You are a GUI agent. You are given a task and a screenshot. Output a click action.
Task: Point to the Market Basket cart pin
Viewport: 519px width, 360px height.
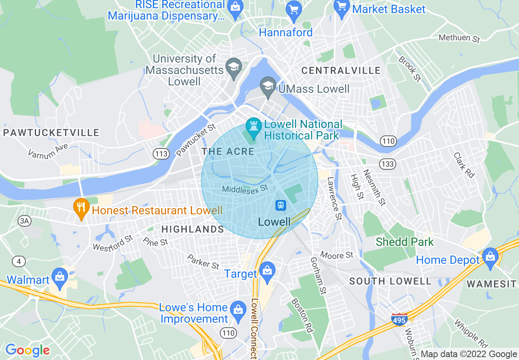click(x=341, y=7)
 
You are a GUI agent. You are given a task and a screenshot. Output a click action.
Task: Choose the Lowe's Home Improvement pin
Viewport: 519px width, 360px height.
click(x=238, y=310)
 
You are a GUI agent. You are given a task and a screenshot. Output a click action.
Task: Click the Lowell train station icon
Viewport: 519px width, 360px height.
click(x=281, y=205)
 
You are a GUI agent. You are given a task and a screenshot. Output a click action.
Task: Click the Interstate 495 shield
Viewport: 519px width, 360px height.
click(x=399, y=319)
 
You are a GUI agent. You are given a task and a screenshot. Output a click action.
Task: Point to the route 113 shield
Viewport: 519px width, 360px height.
click(x=162, y=154)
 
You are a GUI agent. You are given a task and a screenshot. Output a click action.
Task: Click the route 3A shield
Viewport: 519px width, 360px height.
click(x=25, y=221)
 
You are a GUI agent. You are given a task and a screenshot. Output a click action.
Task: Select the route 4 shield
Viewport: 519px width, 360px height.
click(x=18, y=261)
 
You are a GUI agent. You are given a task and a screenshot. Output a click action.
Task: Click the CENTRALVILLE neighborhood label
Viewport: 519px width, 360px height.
click(x=341, y=71)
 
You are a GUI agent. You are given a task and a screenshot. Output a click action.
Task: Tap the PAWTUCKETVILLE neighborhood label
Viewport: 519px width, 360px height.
click(x=51, y=133)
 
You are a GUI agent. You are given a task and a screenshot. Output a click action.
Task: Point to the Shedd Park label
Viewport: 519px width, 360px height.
click(x=404, y=242)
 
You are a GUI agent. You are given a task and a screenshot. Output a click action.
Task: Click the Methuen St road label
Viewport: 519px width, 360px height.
click(x=459, y=38)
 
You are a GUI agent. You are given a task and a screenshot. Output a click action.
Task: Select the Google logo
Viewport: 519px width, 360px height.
click(x=27, y=350)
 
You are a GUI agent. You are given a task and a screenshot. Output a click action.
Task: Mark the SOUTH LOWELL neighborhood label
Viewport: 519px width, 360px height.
click(x=390, y=281)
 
